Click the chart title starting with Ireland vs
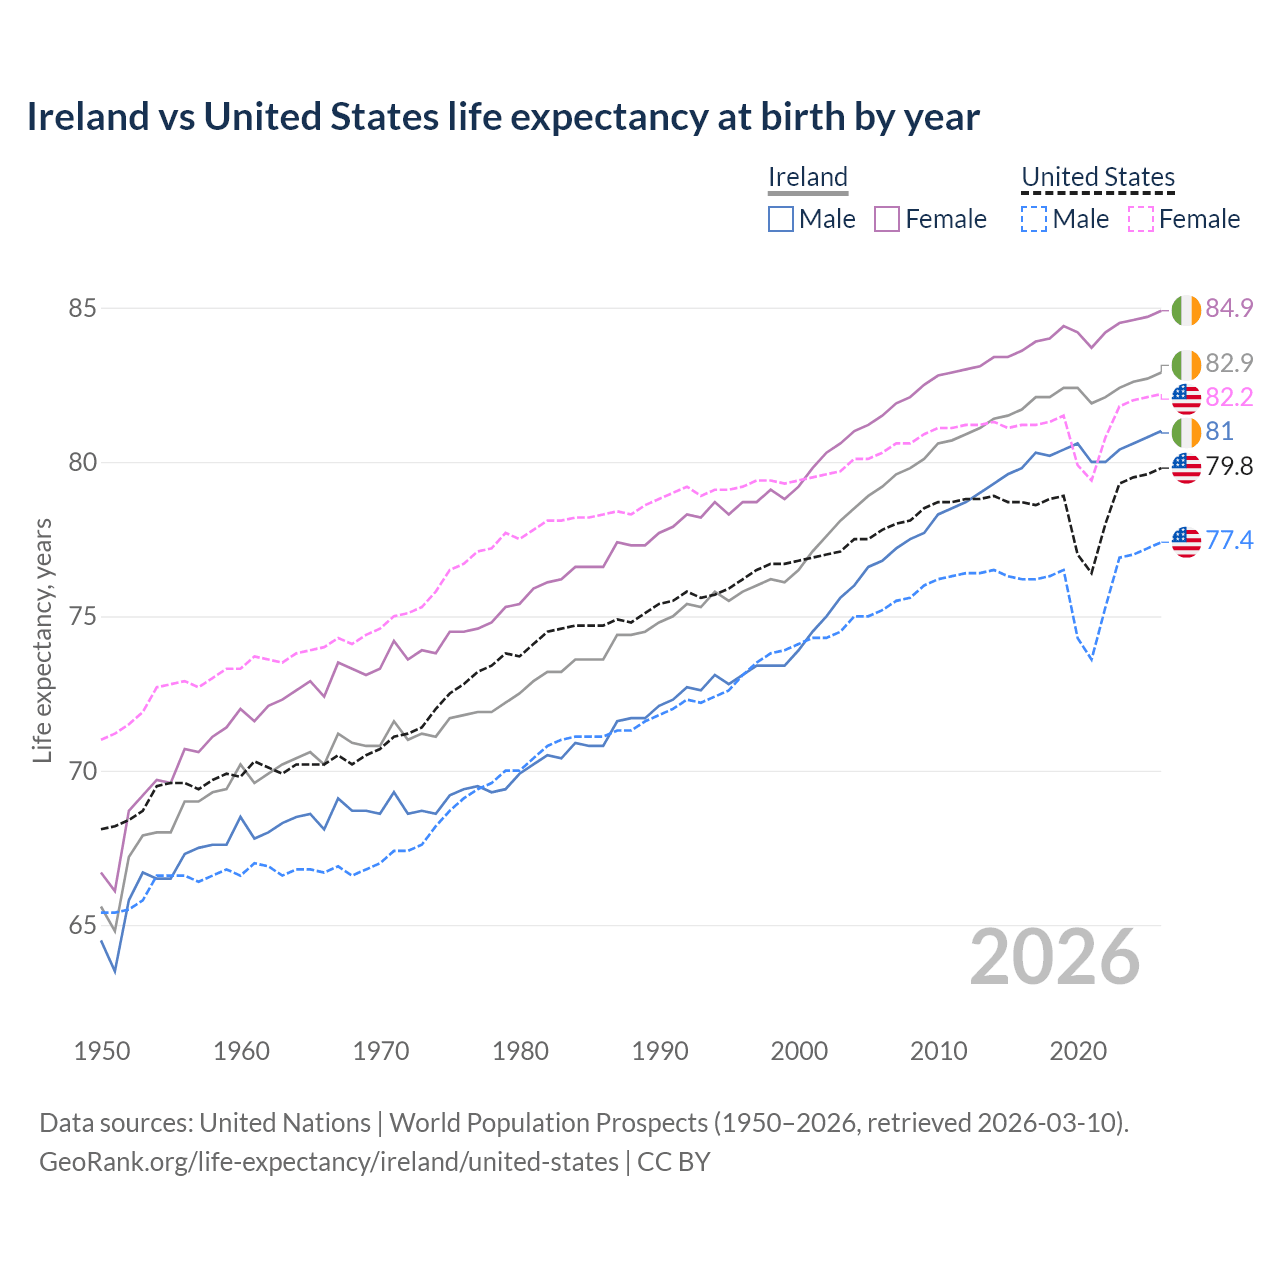(503, 117)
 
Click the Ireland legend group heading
(808, 177)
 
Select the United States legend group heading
(1098, 177)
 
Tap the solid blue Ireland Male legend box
(781, 219)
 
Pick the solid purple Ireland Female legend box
(887, 219)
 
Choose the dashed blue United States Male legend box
(1034, 219)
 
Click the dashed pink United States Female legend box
(1141, 219)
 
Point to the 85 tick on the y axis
(82, 308)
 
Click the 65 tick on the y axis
(82, 926)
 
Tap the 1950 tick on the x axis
(102, 1051)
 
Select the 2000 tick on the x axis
(799, 1051)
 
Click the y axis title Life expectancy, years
(42, 640)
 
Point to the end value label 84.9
(1229, 308)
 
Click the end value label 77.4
(1229, 541)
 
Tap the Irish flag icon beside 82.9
(1186, 365)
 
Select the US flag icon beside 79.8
(1186, 467)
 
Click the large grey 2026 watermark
(1055, 957)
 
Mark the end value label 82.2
(1229, 398)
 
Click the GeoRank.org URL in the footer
(329, 1162)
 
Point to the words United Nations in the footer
(285, 1123)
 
